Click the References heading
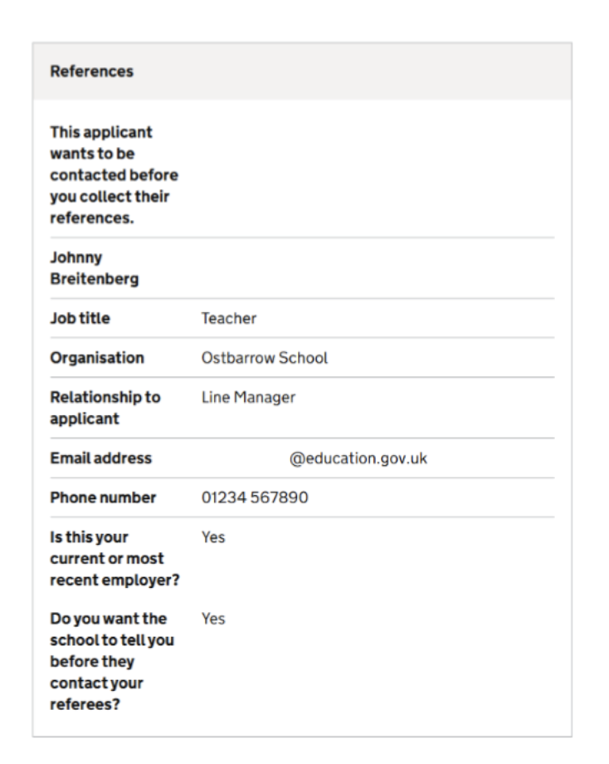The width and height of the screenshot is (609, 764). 92,72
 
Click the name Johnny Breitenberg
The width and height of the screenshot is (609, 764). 94,268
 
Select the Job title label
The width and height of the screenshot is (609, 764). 80,317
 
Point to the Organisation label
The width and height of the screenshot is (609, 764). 97,358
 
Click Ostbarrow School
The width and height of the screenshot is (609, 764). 265,358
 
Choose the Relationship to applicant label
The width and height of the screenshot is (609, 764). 105,407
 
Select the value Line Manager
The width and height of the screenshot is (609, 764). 248,398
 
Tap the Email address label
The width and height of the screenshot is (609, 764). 100,458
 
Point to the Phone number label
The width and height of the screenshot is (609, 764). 101,497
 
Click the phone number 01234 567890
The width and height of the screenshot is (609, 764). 256,497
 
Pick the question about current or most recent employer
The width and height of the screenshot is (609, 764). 114,557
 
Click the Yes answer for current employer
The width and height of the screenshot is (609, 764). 213,538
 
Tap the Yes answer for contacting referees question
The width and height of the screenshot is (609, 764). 213,620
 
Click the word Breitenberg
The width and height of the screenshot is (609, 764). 94,278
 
